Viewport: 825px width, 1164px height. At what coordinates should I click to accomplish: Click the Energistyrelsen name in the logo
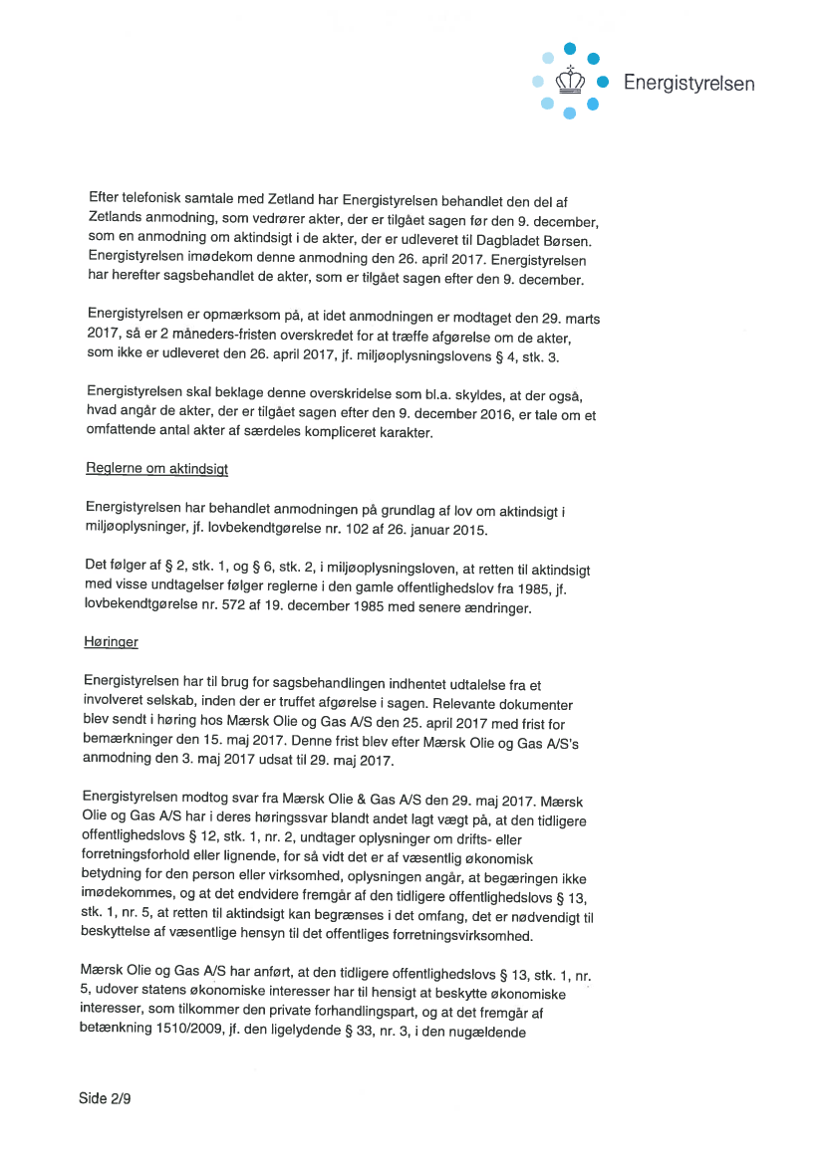688,83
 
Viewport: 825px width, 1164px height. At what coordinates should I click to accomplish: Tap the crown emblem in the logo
569,79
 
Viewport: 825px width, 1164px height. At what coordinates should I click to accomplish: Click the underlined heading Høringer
111,642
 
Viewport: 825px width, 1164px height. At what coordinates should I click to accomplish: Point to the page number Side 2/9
106,1098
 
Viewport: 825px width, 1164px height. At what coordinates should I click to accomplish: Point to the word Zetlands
121,220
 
